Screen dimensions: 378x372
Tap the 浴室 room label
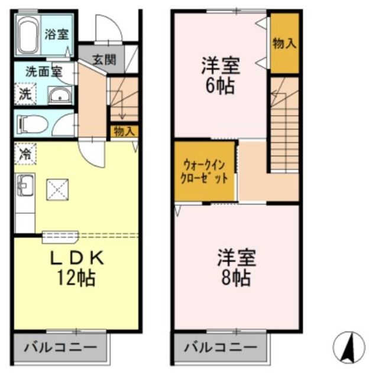click(x=57, y=34)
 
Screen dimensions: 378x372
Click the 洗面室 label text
click(x=43, y=71)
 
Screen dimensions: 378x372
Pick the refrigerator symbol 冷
click(x=25, y=154)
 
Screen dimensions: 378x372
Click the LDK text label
click(x=76, y=258)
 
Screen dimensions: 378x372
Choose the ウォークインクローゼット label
click(x=205, y=172)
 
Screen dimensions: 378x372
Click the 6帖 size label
click(x=219, y=86)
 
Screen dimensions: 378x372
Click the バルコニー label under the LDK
click(x=60, y=347)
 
